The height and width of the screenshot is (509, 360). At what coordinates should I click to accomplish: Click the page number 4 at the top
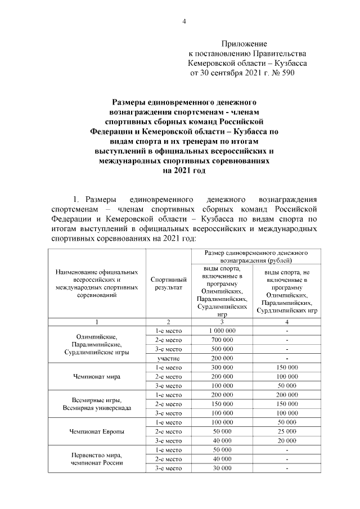[184, 22]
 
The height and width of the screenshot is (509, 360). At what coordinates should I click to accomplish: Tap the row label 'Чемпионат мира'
[96, 377]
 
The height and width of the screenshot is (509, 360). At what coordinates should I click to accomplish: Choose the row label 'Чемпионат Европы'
[96, 431]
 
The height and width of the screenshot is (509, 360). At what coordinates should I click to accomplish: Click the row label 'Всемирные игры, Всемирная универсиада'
[96, 404]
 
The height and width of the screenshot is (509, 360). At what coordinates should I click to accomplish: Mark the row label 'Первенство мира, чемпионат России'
[96, 458]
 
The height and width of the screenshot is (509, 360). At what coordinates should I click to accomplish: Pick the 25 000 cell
[287, 431]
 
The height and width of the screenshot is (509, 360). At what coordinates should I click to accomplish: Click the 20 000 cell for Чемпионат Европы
[287, 440]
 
